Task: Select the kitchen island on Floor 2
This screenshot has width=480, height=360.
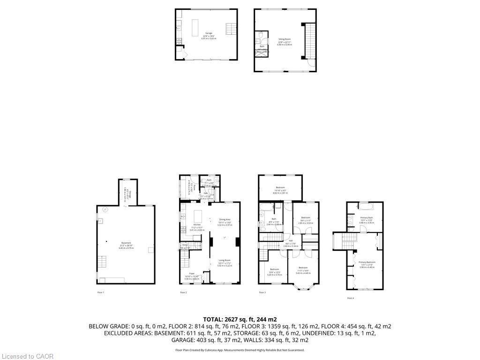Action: (197, 217)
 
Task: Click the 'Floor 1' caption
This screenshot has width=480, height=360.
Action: (100, 292)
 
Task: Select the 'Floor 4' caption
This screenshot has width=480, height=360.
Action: (350, 298)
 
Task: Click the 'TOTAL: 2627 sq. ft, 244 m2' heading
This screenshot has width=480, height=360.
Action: (240, 319)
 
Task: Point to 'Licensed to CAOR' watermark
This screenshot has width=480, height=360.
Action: (27, 356)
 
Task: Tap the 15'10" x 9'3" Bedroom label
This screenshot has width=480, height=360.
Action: (280, 190)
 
